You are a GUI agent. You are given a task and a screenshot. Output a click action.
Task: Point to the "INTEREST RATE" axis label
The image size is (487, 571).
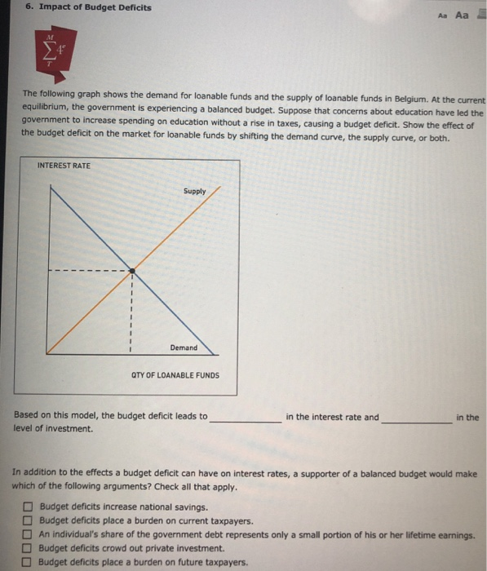pyautogui.click(x=64, y=166)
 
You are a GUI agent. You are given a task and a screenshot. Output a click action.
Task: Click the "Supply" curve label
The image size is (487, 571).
pyautogui.click(x=195, y=192)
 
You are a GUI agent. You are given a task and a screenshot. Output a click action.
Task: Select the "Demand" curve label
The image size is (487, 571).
pyautogui.click(x=184, y=347)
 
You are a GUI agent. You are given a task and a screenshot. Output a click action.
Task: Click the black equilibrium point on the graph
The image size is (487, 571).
pyautogui.click(x=132, y=270)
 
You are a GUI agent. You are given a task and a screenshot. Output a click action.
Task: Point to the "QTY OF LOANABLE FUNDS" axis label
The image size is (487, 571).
pyautogui.click(x=175, y=376)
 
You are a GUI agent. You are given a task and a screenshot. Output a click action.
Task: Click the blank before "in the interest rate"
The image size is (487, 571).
pyautogui.click(x=246, y=418)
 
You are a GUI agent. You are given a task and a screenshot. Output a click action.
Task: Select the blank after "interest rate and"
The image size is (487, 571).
pyautogui.click(x=417, y=418)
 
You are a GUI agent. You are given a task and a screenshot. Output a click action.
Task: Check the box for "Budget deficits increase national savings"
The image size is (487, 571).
pyautogui.click(x=29, y=507)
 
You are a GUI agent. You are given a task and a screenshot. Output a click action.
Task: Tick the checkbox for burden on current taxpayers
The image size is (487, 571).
pyautogui.click(x=29, y=521)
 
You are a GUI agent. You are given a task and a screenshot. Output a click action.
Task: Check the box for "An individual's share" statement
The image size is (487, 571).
pyautogui.click(x=29, y=535)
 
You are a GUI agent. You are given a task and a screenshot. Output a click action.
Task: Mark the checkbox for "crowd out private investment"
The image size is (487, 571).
pyautogui.click(x=29, y=549)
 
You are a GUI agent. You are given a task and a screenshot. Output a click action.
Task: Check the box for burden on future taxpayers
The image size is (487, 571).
pyautogui.click(x=29, y=563)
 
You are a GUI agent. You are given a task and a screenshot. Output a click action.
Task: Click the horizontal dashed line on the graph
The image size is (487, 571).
pyautogui.click(x=90, y=270)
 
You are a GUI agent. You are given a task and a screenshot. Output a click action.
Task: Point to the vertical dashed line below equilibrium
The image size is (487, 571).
pyautogui.click(x=132, y=314)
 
